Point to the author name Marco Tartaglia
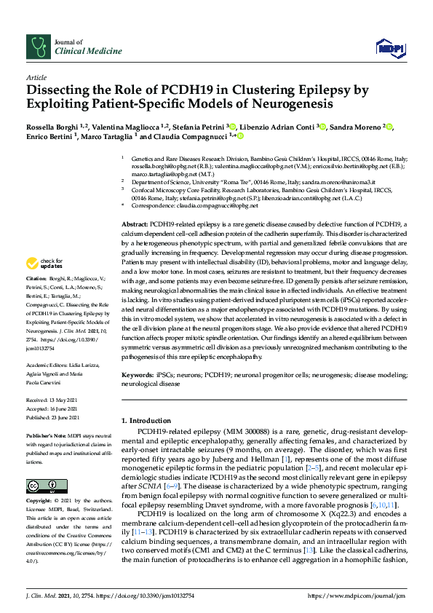click(108, 136)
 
